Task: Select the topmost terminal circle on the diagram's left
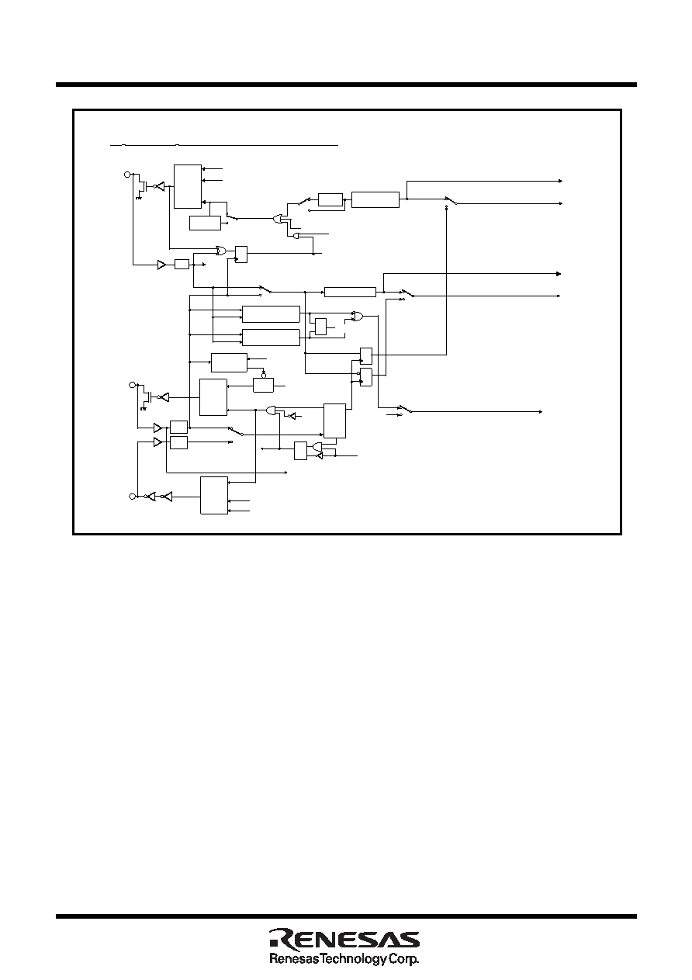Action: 127,175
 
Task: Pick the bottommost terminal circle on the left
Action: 132,496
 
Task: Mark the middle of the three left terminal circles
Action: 132,385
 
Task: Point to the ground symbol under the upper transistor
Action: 139,197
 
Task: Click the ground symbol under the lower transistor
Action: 144,408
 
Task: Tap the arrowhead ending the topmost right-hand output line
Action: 560,181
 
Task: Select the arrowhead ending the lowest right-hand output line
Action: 541,412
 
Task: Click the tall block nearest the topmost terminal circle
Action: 188,186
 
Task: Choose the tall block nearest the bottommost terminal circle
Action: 214,495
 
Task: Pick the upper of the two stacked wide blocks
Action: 272,314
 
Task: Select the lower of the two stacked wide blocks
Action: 272,338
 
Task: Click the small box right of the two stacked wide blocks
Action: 320,327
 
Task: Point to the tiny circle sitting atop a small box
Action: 263,376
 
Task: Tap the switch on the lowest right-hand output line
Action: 407,409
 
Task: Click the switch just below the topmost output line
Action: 451,200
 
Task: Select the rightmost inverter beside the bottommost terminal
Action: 167,497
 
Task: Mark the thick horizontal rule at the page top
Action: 346,85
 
